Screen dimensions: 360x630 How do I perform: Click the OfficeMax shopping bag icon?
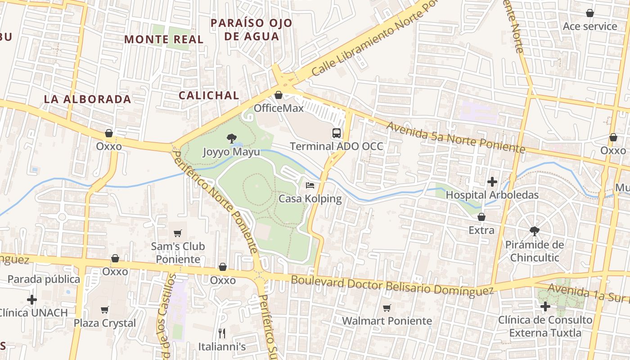[278, 95]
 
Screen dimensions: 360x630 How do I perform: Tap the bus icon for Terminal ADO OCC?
[337, 133]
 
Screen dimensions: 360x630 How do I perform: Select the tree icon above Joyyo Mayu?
[231, 138]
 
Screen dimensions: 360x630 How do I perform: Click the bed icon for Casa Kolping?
[310, 185]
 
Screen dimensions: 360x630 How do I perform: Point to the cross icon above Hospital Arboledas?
[492, 182]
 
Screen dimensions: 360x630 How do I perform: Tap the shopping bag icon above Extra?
[481, 217]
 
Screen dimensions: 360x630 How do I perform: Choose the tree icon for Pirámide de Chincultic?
[534, 231]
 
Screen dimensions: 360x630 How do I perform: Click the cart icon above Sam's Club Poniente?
[178, 233]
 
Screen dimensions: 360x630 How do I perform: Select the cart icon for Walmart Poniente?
[387, 308]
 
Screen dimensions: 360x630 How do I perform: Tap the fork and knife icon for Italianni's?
[221, 333]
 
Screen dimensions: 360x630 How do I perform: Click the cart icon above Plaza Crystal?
[105, 310]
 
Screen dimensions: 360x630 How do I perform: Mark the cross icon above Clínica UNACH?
[32, 299]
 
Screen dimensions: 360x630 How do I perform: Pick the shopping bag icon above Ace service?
[590, 13]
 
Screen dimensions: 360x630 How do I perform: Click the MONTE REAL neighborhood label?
[164, 39]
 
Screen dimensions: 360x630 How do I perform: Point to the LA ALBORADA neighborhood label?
[87, 99]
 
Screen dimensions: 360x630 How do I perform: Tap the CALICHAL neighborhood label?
[209, 95]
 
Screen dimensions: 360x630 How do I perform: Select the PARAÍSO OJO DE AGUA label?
[252, 29]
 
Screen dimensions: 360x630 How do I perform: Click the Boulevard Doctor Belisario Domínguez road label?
[392, 286]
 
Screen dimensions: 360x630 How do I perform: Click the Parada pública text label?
[44, 279]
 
